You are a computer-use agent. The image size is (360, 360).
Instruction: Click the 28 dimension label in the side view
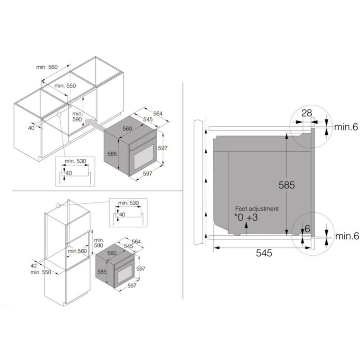(x=307, y=113)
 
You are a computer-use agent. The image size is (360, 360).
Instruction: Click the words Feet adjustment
(x=257, y=209)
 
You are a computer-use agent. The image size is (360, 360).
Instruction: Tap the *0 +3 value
(x=246, y=217)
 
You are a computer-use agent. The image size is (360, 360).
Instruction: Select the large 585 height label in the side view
(x=286, y=185)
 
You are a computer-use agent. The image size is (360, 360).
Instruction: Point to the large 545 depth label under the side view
(x=264, y=253)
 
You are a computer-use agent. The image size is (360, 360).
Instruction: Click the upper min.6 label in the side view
(x=346, y=127)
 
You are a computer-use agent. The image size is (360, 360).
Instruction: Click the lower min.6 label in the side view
(x=347, y=236)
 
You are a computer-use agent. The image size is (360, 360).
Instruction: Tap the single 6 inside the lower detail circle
(x=307, y=229)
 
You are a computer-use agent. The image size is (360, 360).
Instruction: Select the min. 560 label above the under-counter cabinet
(x=47, y=67)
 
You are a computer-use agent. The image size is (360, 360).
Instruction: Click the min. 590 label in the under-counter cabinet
(x=77, y=116)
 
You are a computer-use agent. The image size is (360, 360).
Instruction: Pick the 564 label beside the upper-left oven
(x=158, y=113)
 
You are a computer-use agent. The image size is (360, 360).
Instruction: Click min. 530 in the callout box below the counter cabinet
(x=75, y=161)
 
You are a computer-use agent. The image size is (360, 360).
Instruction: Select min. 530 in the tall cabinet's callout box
(x=128, y=203)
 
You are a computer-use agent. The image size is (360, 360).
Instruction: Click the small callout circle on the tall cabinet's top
(x=58, y=206)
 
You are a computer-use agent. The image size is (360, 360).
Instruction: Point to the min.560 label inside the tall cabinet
(x=77, y=251)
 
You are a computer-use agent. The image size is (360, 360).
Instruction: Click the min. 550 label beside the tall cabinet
(x=41, y=272)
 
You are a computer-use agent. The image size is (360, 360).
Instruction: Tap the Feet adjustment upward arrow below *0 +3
(x=246, y=228)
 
